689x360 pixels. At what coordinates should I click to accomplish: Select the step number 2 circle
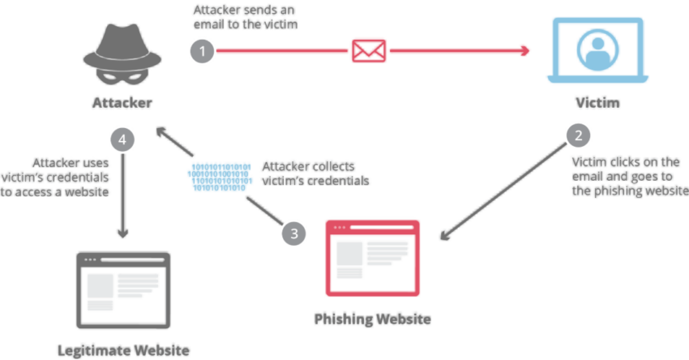[x=578, y=135]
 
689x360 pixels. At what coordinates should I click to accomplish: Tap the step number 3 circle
[x=294, y=234]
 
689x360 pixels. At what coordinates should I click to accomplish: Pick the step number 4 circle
[x=123, y=139]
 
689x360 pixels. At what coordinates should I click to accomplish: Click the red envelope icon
[x=369, y=51]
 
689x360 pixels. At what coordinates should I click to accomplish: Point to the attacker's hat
[x=121, y=36]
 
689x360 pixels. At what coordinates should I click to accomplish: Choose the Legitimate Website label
[x=123, y=350]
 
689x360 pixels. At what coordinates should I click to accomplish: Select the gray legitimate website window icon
[x=122, y=289]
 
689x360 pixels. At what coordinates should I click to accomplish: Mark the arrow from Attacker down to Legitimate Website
[x=123, y=195]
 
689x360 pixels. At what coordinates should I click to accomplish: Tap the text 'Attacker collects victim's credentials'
[x=315, y=173]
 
